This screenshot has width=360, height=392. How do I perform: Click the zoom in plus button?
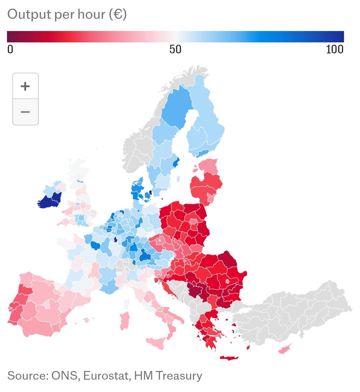coord(25,86)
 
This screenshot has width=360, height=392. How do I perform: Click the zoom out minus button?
coord(25,112)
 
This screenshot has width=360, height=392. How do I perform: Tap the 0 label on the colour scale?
coord(10,49)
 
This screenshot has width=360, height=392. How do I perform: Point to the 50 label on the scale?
coord(175,49)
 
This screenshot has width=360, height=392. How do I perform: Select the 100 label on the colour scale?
coord(335,49)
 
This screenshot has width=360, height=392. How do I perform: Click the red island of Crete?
coord(229,358)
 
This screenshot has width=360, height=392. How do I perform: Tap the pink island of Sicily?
coord(156,342)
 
